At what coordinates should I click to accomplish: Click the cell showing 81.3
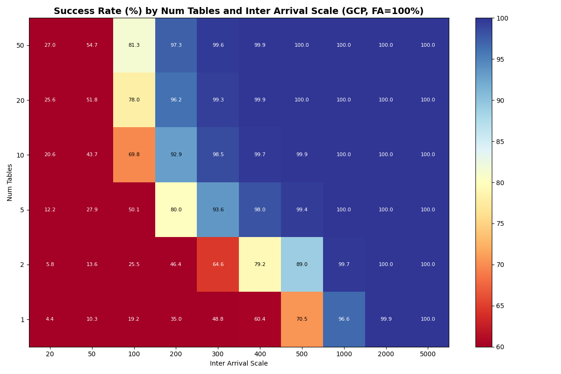[134, 45]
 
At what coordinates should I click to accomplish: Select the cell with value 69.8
[134, 155]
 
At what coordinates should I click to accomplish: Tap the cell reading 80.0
[176, 210]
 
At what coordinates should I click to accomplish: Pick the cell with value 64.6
[218, 265]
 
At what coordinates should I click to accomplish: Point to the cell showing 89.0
[302, 265]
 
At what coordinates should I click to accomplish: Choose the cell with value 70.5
[302, 319]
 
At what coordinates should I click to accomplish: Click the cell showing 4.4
[50, 319]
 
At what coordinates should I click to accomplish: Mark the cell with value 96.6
[344, 319]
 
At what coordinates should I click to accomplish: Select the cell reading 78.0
[134, 100]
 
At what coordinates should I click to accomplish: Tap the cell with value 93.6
[218, 210]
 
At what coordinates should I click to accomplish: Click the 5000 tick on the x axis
[428, 354]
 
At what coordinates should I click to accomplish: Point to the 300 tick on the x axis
[218, 354]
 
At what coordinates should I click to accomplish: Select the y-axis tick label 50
[21, 45]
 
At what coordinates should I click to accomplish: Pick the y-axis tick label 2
[22, 265]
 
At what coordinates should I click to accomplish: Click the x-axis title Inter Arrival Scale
[239, 364]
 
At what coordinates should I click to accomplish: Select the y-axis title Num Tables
[10, 182]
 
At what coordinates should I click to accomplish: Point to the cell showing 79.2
[260, 265]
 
